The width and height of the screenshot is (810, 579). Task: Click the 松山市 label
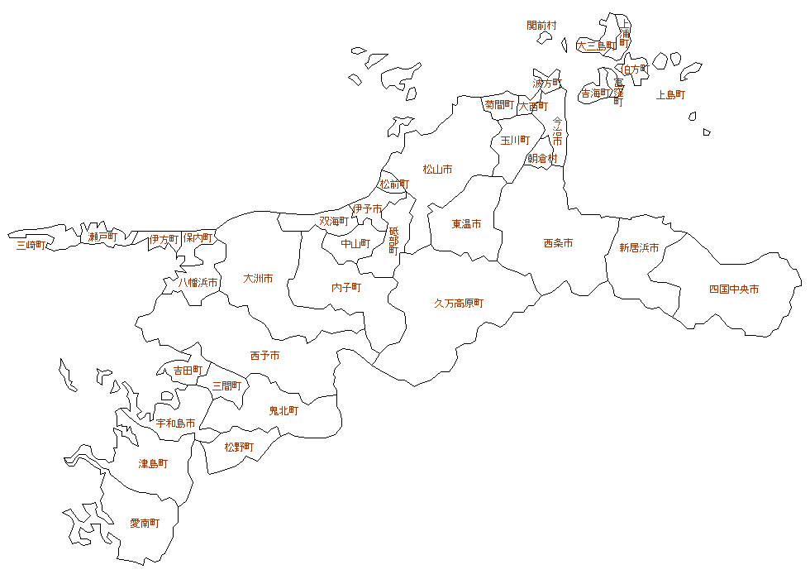[437, 170]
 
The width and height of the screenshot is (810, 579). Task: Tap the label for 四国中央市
[734, 289]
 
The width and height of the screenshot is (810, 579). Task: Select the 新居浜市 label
[639, 247]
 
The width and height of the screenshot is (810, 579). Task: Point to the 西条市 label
[558, 243]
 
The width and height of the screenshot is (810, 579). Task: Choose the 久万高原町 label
[459, 304]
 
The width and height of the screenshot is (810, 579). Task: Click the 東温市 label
[466, 224]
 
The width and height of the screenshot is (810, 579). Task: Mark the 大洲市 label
[258, 279]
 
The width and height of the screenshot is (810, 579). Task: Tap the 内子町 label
[346, 288]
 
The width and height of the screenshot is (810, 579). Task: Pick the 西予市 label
[264, 356]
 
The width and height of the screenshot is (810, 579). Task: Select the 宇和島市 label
[176, 423]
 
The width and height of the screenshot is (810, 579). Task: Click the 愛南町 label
[145, 524]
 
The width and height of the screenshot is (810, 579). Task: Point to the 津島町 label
[153, 464]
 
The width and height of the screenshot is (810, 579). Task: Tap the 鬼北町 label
[283, 410]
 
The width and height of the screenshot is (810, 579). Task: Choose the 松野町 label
[239, 447]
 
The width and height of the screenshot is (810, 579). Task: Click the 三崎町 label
[31, 245]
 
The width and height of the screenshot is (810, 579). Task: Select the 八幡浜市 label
[199, 283]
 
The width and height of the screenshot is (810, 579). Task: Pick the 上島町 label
[670, 95]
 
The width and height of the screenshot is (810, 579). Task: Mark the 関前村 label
[541, 26]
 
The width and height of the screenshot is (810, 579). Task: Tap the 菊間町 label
[499, 105]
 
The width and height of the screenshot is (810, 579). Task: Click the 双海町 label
[334, 222]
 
